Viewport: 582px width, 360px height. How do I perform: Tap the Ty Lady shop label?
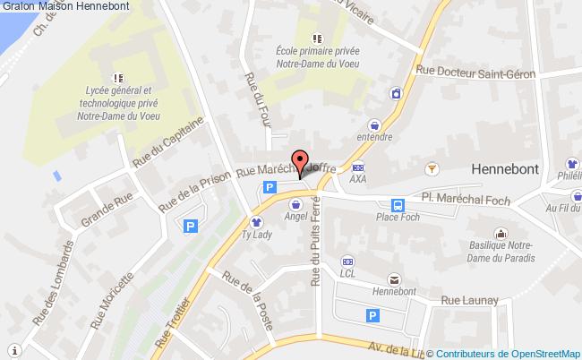[x=256, y=235]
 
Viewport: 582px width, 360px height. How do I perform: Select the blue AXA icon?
[x=358, y=167]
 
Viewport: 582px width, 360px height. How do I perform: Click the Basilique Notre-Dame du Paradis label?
[x=501, y=253]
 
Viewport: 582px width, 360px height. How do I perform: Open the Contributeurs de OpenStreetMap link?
[x=508, y=353]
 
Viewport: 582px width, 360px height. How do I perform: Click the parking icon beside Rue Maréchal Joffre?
[x=269, y=187]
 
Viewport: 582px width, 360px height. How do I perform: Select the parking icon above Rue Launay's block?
[x=372, y=315]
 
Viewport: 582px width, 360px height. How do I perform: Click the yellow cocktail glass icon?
[x=432, y=166]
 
